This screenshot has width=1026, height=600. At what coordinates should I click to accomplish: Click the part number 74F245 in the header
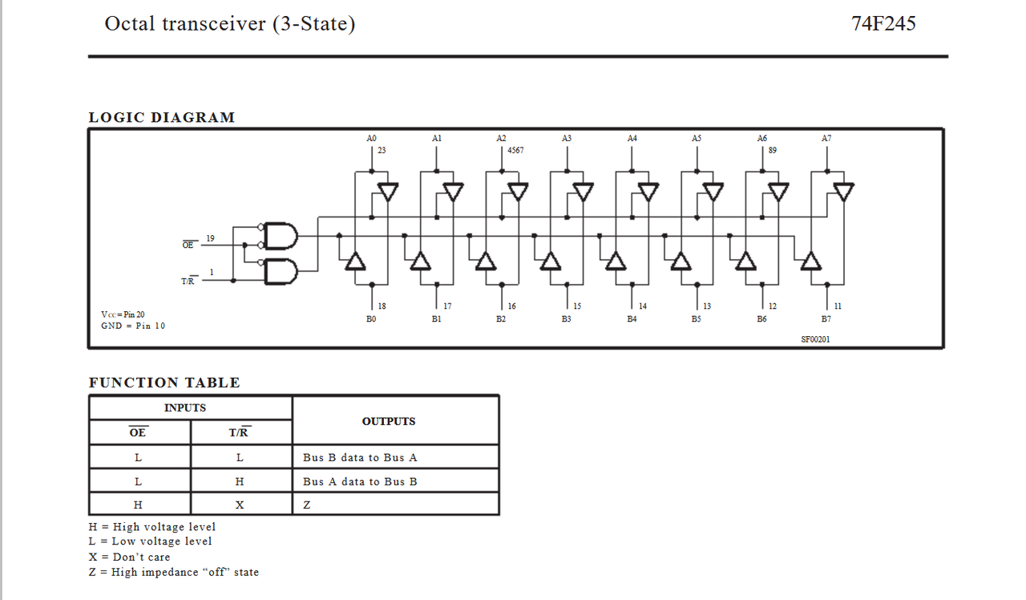point(883,23)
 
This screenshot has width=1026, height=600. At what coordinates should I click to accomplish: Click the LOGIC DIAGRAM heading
point(162,117)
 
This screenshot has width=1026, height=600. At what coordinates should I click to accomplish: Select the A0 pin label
point(371,138)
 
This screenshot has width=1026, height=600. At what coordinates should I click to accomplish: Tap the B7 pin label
point(826,318)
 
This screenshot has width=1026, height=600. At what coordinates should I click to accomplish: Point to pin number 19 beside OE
point(210,238)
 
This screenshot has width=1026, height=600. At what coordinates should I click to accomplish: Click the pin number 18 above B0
point(382,306)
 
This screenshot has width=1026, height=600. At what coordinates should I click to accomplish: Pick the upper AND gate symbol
point(281,236)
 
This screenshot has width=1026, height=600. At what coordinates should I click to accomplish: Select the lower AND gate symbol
point(281,271)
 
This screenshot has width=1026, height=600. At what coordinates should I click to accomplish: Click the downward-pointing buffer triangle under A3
point(583,192)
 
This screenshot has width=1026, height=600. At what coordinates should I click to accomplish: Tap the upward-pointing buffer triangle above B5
point(681,261)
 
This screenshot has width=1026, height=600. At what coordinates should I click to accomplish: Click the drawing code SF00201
point(815,339)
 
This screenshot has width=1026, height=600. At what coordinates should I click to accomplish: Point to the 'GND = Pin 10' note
point(133,326)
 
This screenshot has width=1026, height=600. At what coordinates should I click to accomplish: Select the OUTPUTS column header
point(389,421)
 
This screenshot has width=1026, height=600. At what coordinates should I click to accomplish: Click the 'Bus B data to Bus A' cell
point(360,457)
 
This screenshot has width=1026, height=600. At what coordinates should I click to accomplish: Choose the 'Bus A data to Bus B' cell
point(360,481)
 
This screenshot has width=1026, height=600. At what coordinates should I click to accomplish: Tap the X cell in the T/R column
point(240,505)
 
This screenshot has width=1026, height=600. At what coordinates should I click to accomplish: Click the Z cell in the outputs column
point(307,505)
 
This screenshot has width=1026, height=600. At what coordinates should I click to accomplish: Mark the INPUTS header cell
point(185,407)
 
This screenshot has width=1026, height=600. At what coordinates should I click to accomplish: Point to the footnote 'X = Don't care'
point(130,557)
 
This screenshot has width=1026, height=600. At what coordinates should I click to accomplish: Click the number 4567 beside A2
point(515,150)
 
